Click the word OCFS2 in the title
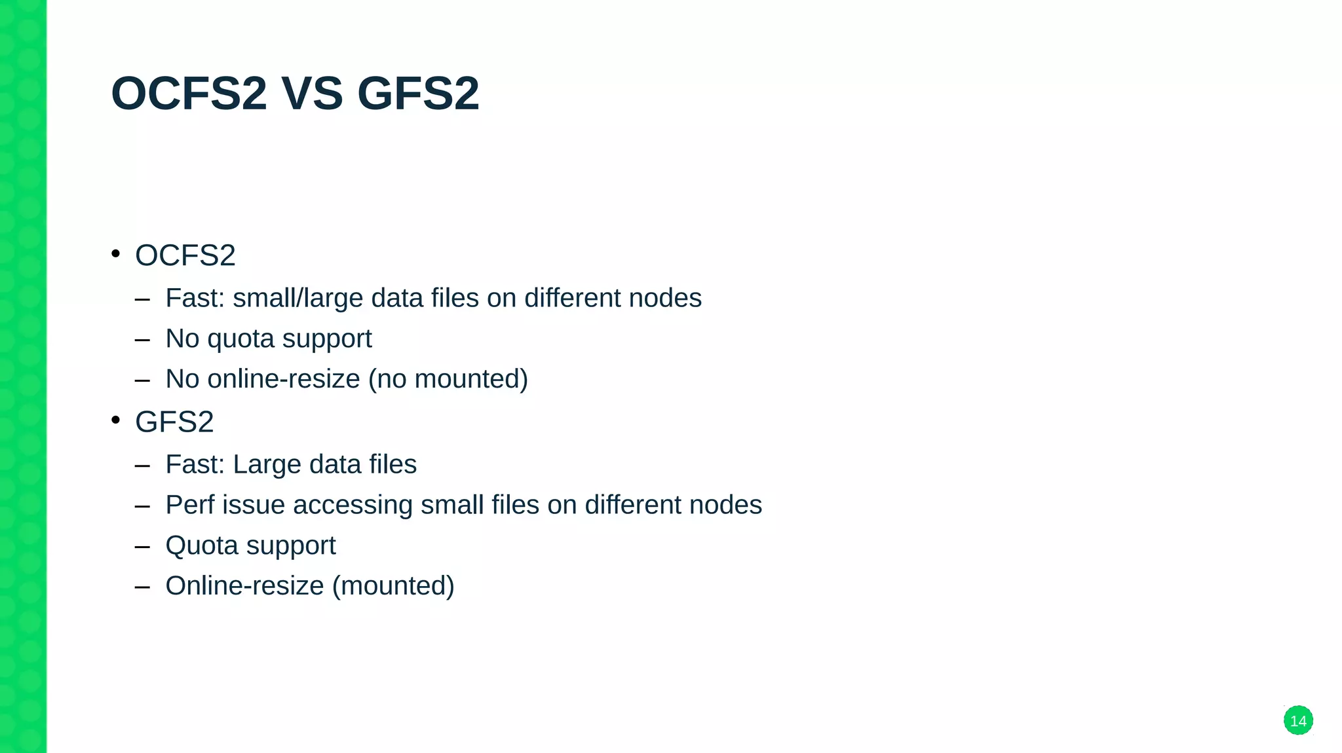pyautogui.click(x=189, y=94)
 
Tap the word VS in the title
pyautogui.click(x=312, y=94)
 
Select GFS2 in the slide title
pyautogui.click(x=418, y=94)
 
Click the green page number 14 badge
pyautogui.click(x=1297, y=720)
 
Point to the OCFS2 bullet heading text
pyautogui.click(x=185, y=255)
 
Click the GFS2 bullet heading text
pyautogui.click(x=174, y=422)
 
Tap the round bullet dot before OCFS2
pyautogui.click(x=116, y=253)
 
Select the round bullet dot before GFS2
pyautogui.click(x=116, y=420)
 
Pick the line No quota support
pyautogui.click(x=269, y=339)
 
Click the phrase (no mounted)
pyautogui.click(x=448, y=379)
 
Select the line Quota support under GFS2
pyautogui.click(x=250, y=545)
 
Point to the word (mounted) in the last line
pyautogui.click(x=393, y=586)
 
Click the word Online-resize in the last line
pyautogui.click(x=244, y=586)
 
